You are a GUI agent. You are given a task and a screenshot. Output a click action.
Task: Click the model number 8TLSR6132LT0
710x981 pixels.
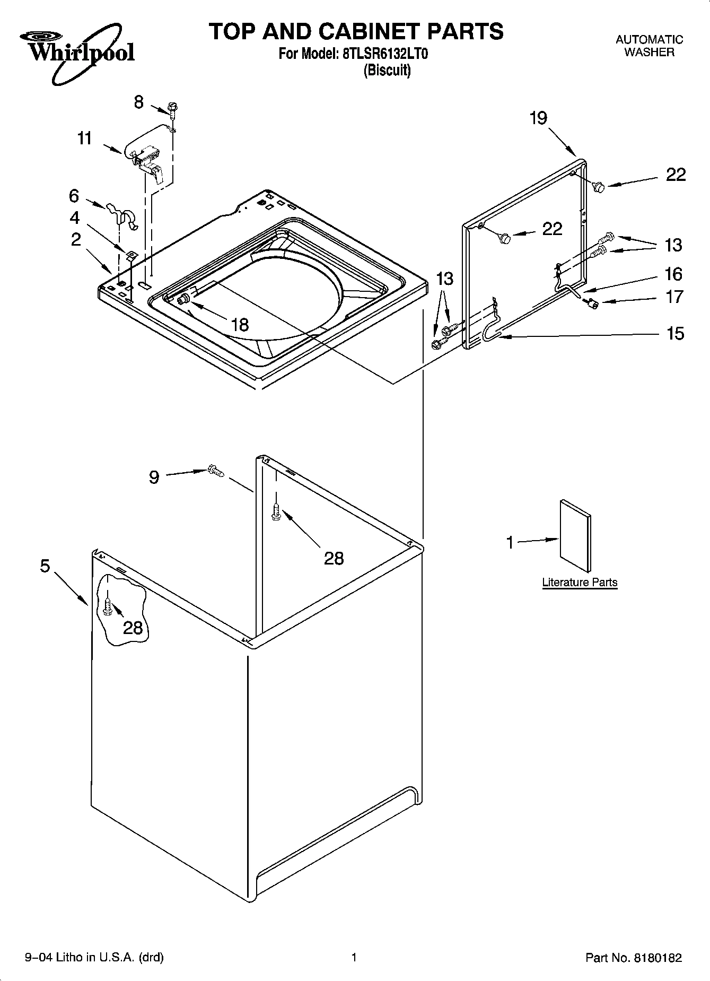click(381, 54)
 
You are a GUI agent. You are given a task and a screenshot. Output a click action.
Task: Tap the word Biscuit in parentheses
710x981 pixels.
click(387, 70)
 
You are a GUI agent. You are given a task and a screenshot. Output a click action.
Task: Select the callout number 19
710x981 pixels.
click(538, 118)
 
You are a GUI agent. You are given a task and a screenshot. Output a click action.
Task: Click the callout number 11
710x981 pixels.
click(84, 138)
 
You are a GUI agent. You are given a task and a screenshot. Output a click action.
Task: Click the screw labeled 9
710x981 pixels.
click(215, 470)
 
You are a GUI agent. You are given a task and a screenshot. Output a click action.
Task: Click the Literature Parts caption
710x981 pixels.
click(580, 582)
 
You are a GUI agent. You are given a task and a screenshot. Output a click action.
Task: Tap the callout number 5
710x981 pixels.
click(45, 566)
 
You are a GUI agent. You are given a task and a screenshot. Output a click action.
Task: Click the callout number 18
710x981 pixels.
click(240, 325)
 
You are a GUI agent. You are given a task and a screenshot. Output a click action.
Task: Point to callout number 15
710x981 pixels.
click(675, 334)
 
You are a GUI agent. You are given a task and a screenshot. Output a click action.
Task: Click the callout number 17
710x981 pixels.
click(674, 297)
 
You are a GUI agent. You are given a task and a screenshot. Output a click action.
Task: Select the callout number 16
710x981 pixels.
click(673, 274)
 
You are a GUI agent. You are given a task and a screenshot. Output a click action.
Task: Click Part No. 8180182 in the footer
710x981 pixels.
click(634, 958)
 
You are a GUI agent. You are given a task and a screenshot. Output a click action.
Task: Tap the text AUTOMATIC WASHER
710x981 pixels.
click(649, 46)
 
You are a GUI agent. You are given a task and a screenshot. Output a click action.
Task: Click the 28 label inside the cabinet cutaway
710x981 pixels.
click(133, 628)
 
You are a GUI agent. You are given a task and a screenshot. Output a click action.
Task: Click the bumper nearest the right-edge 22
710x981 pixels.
click(599, 186)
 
